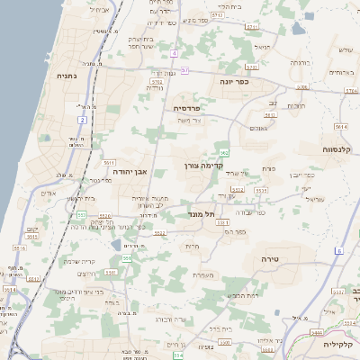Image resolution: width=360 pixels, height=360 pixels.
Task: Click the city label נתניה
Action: (67, 76)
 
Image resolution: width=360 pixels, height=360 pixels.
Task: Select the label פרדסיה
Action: (189, 107)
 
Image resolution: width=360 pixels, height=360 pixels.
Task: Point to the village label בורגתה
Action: (299, 64)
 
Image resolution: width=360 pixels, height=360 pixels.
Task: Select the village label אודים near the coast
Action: (49, 193)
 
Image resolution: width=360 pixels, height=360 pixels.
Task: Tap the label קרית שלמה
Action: (79, 262)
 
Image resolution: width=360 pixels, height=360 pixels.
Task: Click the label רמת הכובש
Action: (243, 294)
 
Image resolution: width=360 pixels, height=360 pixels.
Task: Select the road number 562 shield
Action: (224, 153)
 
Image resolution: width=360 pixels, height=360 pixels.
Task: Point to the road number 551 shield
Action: (127, 258)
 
